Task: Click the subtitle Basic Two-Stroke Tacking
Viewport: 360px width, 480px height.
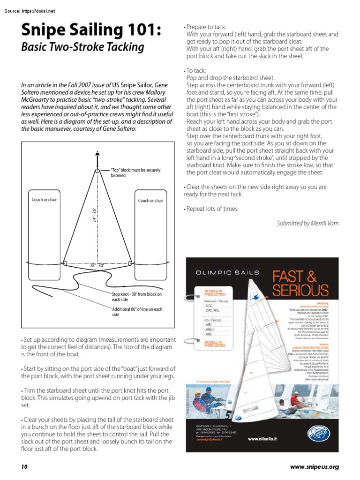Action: pyautogui.click(x=82, y=47)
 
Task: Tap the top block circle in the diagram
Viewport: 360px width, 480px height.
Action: pyautogui.click(x=97, y=171)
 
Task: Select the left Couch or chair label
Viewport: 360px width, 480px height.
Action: pyautogui.click(x=44, y=200)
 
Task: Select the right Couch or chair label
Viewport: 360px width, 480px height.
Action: pyautogui.click(x=150, y=201)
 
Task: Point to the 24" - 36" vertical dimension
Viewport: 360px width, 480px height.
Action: pyautogui.click(x=94, y=215)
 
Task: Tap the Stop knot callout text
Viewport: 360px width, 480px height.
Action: pyautogui.click(x=136, y=297)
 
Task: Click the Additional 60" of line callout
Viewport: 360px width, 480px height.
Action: pyautogui.click(x=137, y=312)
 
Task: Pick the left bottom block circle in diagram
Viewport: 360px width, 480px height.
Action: pyautogui.click(x=65, y=263)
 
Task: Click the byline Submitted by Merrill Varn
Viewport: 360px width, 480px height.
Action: pyautogui.click(x=307, y=224)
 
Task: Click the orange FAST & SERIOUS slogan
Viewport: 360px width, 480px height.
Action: pyautogui.click(x=300, y=282)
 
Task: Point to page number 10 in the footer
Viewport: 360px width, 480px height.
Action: pyautogui.click(x=24, y=467)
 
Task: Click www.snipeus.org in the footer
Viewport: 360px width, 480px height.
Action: pyautogui.click(x=314, y=467)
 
